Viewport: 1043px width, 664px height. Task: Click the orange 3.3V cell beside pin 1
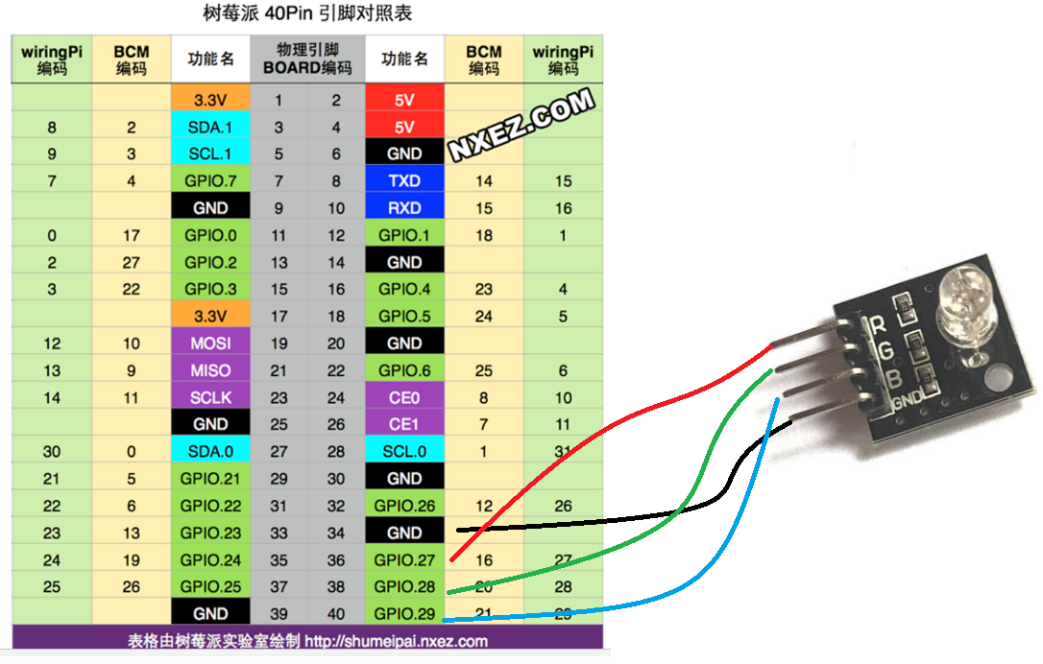click(210, 100)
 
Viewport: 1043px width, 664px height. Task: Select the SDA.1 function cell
click(210, 127)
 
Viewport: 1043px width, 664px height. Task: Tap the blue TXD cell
click(404, 180)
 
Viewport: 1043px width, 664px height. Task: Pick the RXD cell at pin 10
click(404, 207)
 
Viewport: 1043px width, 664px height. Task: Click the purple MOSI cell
click(210, 343)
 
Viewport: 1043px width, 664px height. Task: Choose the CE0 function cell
click(404, 397)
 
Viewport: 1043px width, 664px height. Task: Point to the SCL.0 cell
click(404, 451)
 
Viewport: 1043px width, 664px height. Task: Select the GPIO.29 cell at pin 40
click(404, 614)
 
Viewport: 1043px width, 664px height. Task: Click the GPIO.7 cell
click(210, 180)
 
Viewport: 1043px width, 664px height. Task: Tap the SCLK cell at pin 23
click(210, 397)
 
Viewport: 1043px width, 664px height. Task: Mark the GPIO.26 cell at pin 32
click(404, 506)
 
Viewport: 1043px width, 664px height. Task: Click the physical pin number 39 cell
click(279, 614)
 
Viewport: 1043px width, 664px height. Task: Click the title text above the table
click(307, 14)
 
